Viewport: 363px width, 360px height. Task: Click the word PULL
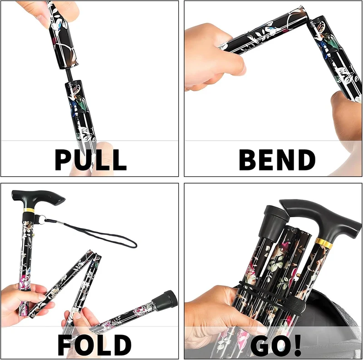click(90, 160)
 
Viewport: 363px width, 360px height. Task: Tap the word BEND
click(277, 160)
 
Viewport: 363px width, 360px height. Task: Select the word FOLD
click(94, 345)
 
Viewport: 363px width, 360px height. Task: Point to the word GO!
click(275, 345)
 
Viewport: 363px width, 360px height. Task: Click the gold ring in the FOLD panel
click(29, 210)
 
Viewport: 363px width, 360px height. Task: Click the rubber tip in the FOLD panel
click(165, 300)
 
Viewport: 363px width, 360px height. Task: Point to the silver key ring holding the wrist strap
click(42, 219)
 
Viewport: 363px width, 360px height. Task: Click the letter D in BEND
click(306, 160)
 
